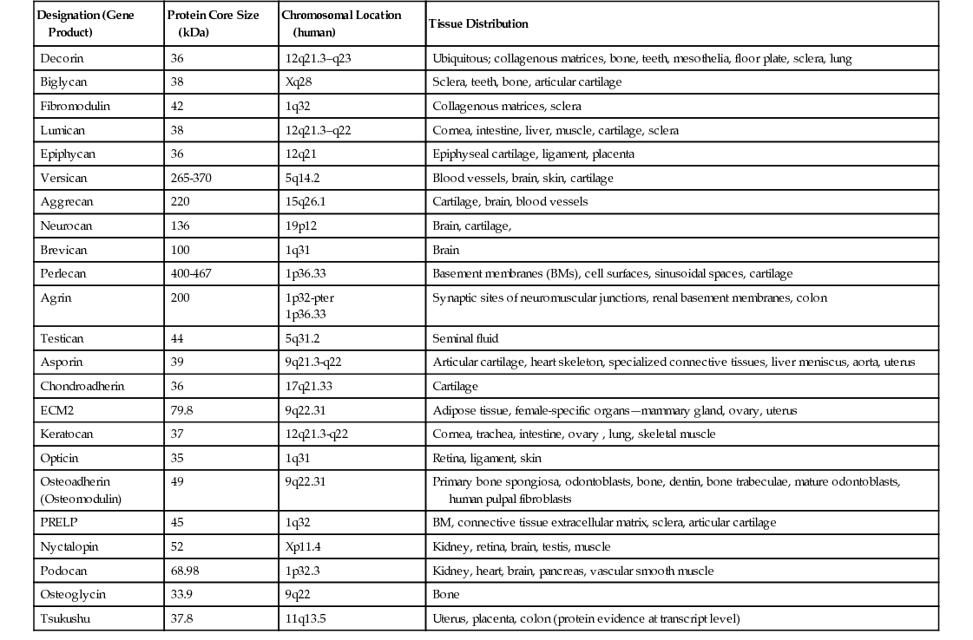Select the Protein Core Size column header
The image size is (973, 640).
pos(213,23)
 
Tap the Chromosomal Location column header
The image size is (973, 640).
pos(341,23)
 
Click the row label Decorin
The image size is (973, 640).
pos(62,58)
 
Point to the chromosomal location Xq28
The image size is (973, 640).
pos(299,82)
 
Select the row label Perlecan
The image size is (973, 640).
pos(63,273)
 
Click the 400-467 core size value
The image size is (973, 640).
pos(192,273)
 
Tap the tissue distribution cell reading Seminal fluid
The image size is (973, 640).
pos(465,338)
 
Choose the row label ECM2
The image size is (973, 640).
pos(56,410)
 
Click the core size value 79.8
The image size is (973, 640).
pos(182,410)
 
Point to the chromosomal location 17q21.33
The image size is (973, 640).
pos(310,386)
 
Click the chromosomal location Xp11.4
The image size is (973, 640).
pos(303,546)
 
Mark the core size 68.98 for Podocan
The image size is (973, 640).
pos(186,571)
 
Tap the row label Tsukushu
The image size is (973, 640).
pos(65,618)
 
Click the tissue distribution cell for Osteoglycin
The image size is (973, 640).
pos(445,595)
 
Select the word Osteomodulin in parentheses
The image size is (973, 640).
pos(81,499)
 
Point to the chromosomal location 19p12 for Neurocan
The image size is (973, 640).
pos(301,225)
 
